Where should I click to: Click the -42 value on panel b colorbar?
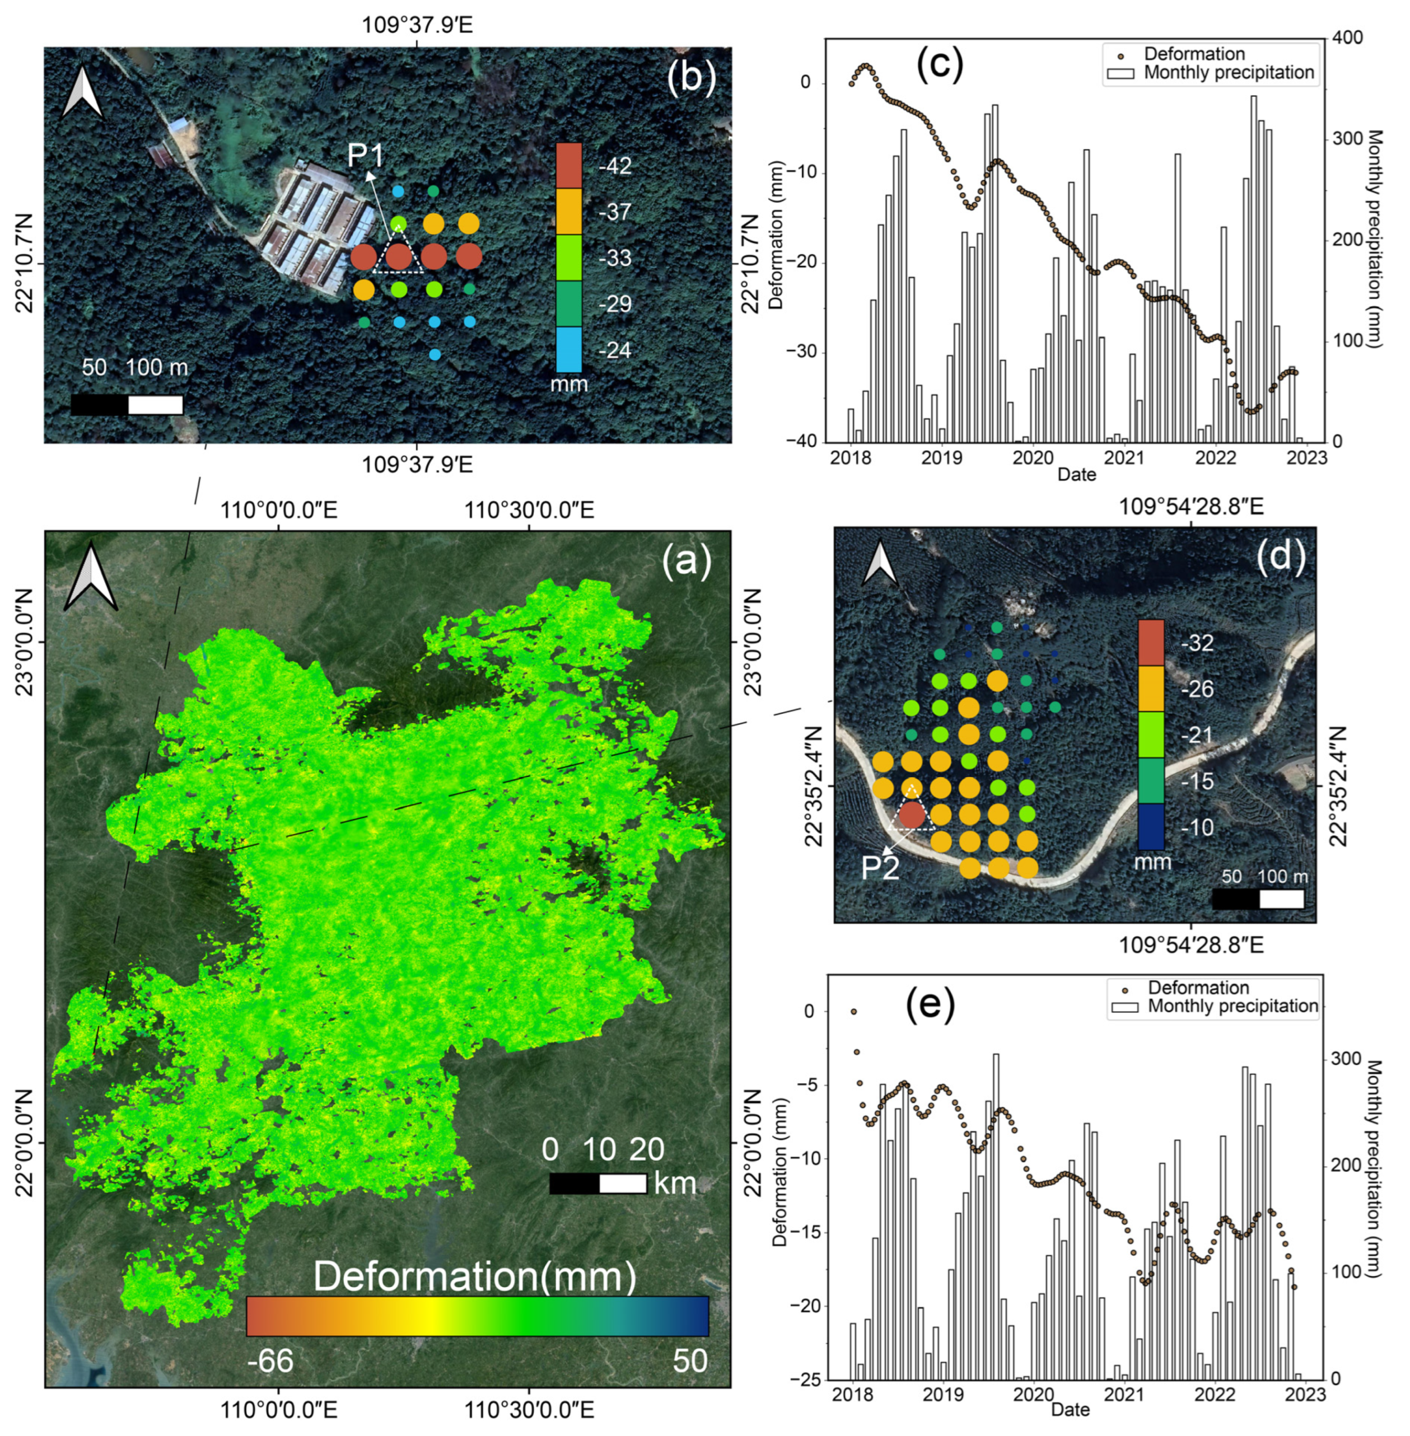615,166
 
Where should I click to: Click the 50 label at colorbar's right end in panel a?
689,1360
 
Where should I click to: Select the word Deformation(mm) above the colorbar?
475,1277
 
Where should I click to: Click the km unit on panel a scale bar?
675,1183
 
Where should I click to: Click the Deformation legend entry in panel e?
1198,988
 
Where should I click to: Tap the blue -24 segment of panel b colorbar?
569,349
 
